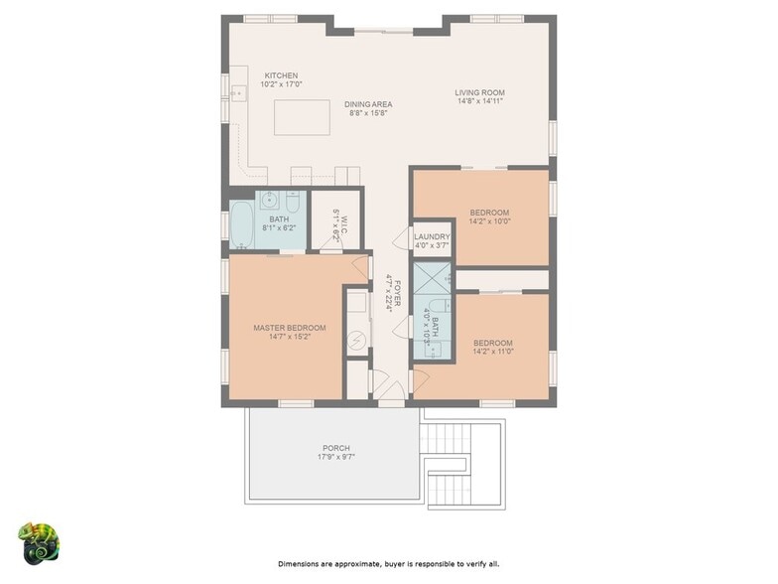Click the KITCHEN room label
click(x=281, y=75)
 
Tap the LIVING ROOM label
click(x=480, y=92)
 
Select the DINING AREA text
click(x=368, y=104)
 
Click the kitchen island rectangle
click(x=302, y=117)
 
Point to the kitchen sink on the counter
click(x=239, y=93)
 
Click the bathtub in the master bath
click(x=242, y=224)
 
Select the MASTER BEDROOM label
click(x=290, y=328)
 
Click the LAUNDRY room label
click(x=433, y=236)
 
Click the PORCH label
click(x=336, y=448)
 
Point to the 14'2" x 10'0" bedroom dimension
click(x=490, y=221)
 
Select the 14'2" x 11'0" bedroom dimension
click(x=493, y=352)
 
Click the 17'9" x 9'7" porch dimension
click(x=336, y=457)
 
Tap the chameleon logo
click(x=39, y=544)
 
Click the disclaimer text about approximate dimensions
click(x=389, y=564)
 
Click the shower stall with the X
click(x=433, y=278)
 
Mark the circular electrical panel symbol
click(x=356, y=340)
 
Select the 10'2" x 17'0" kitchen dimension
click(x=281, y=84)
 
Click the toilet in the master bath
click(x=293, y=202)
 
